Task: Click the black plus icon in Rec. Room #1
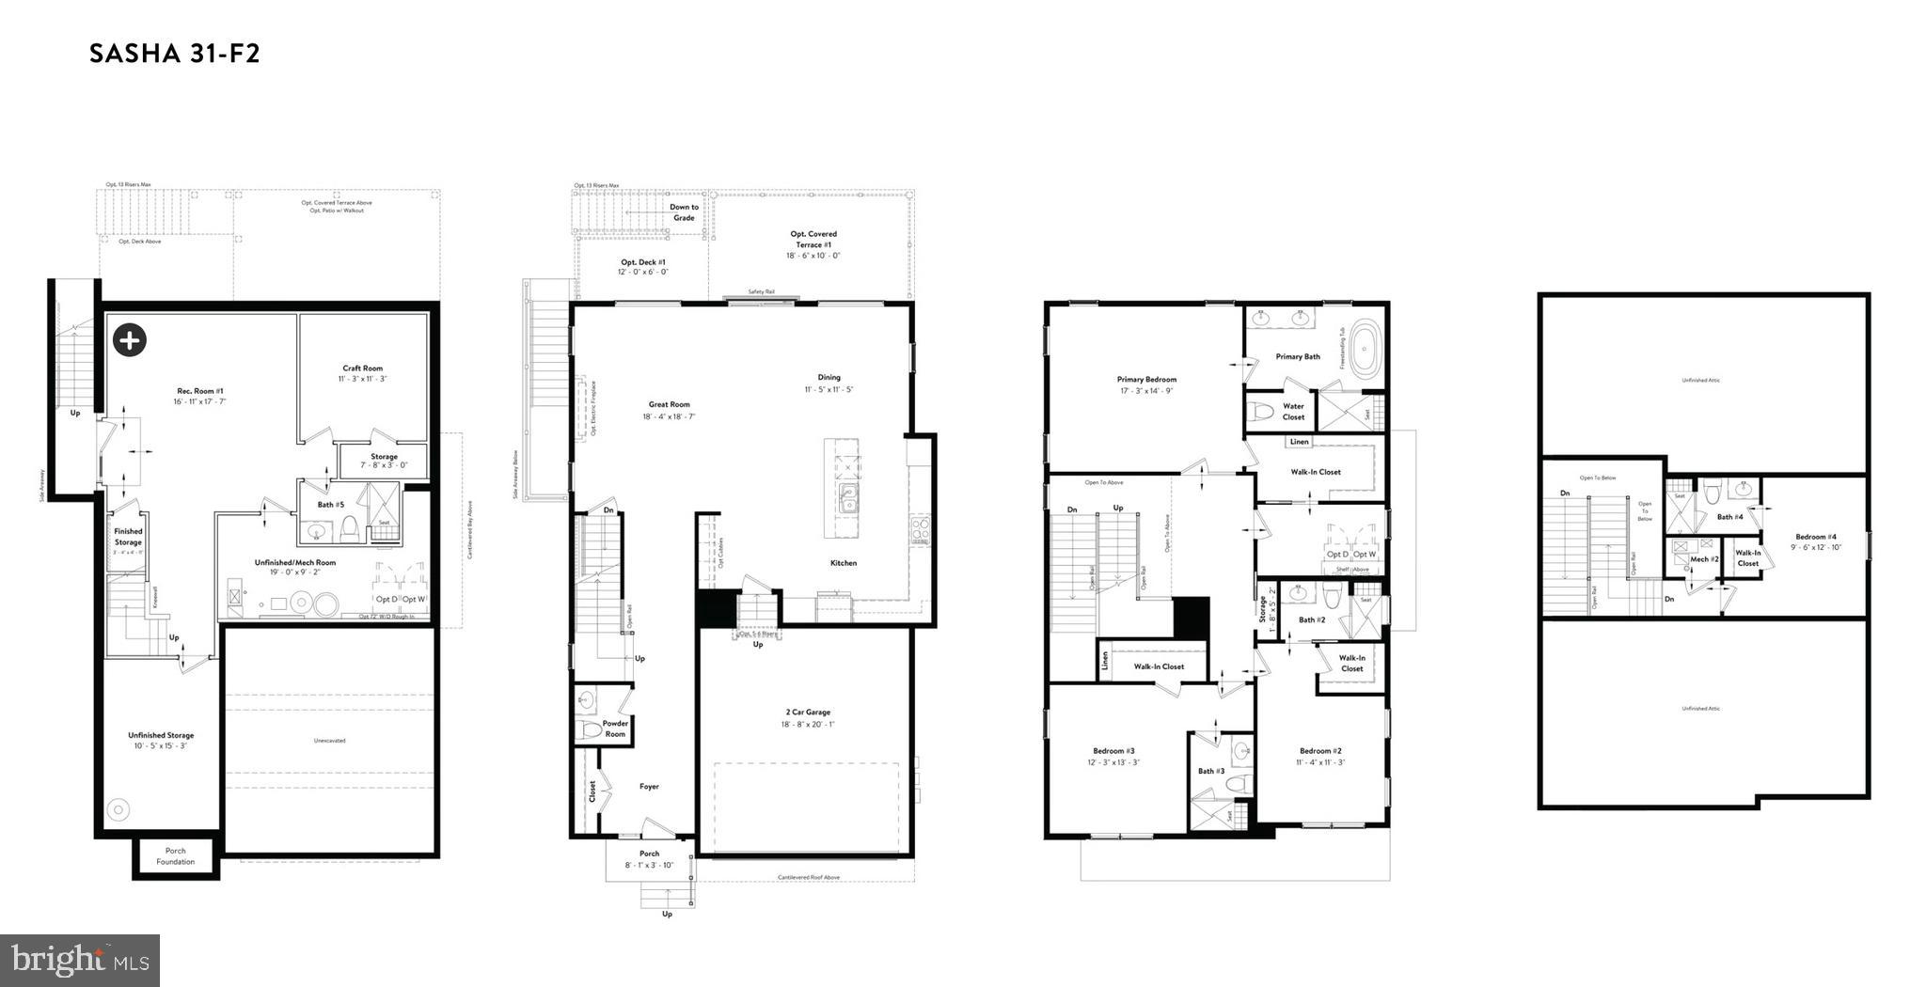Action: coord(130,340)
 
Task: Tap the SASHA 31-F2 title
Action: coord(174,54)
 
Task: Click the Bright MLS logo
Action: coord(80,960)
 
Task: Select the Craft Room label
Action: coord(362,368)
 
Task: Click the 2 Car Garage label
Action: coord(805,713)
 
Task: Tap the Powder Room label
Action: coord(614,728)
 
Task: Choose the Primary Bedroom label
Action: coord(1146,380)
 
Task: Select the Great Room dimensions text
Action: coord(668,416)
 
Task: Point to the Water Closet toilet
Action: coord(1264,412)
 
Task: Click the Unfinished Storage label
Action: coord(161,735)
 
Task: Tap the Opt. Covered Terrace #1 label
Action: coord(813,239)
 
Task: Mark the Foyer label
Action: coord(649,787)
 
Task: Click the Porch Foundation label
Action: coord(176,856)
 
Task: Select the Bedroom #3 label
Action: coord(1113,750)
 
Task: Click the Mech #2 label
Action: coord(1704,559)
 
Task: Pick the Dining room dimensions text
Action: coord(829,389)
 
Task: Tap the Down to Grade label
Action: coord(684,212)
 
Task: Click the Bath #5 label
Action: coord(330,505)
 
